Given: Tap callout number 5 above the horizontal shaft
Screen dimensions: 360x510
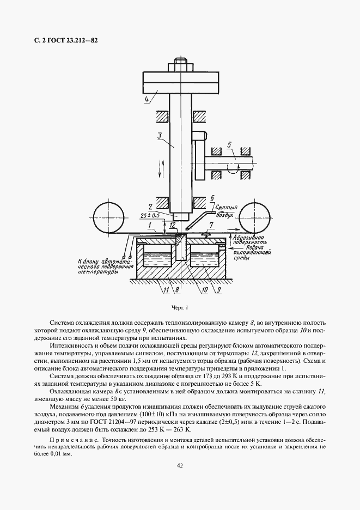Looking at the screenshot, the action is pos(230,145).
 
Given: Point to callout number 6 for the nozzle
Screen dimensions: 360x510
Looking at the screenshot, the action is pos(212,199).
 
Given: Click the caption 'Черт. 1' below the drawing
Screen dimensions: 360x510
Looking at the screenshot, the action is pos(179,308).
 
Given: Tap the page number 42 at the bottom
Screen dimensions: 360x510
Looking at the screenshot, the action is pos(180,465).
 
